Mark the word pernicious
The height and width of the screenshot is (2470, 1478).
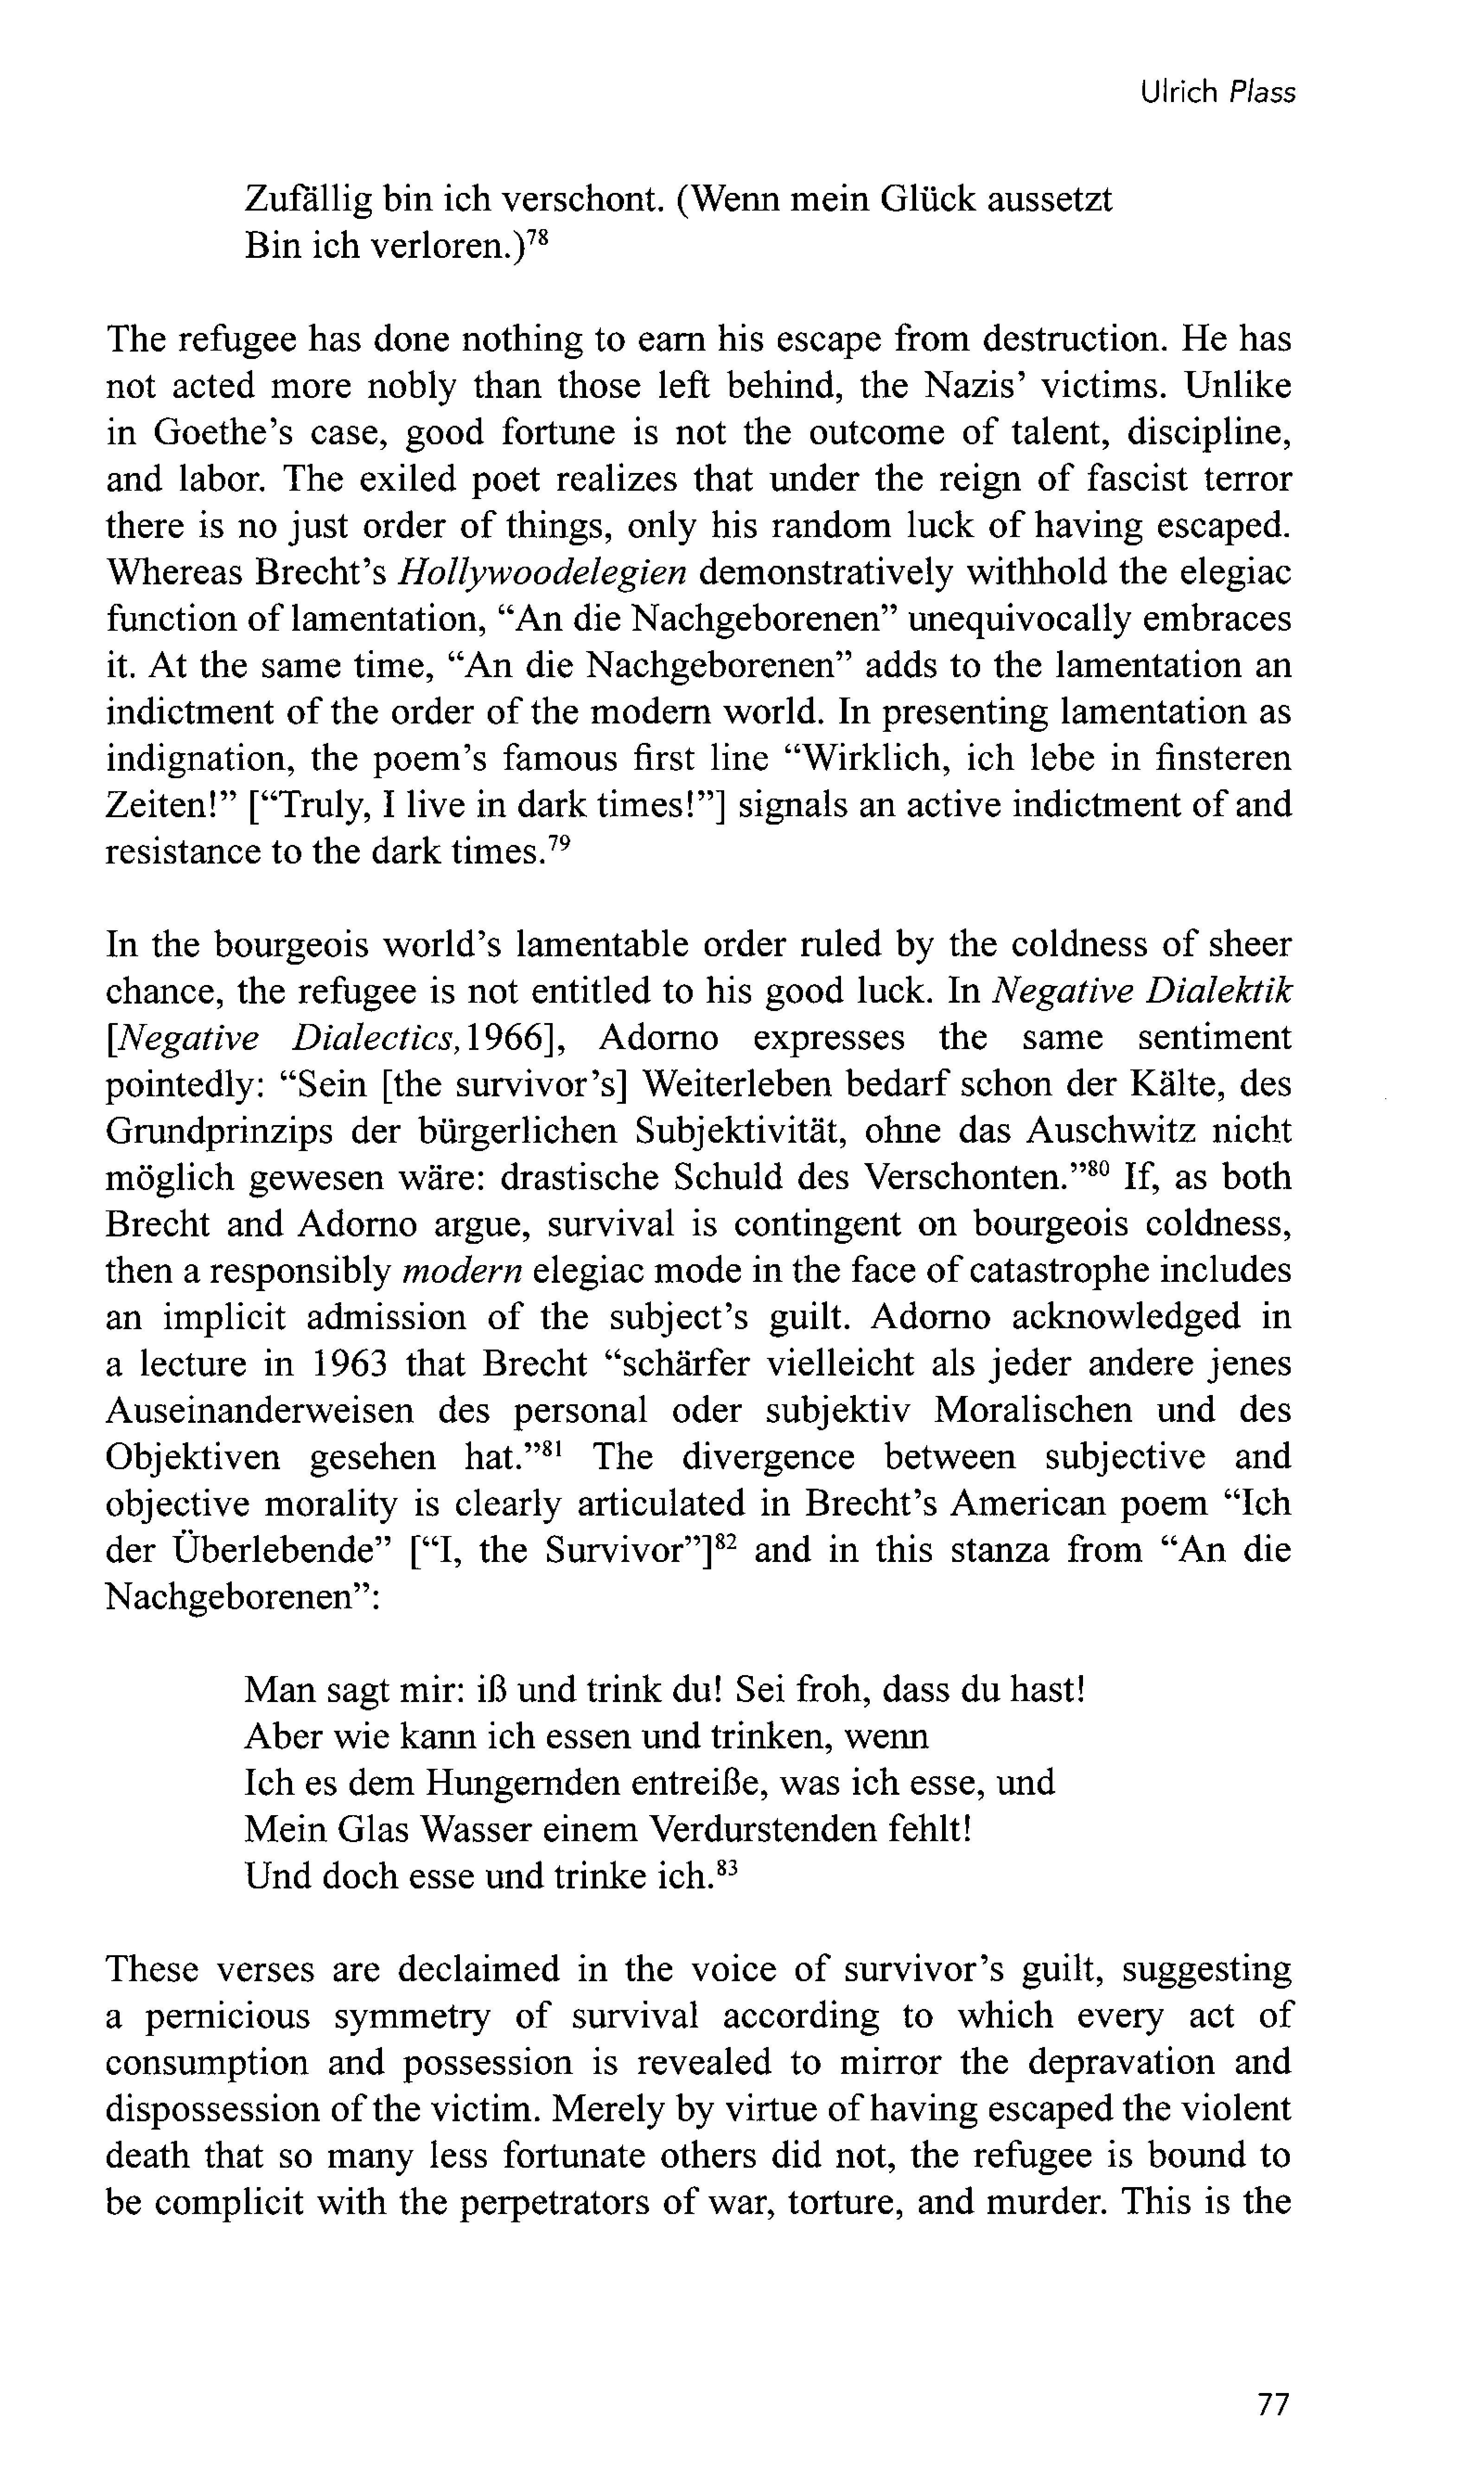coord(227,2016)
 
